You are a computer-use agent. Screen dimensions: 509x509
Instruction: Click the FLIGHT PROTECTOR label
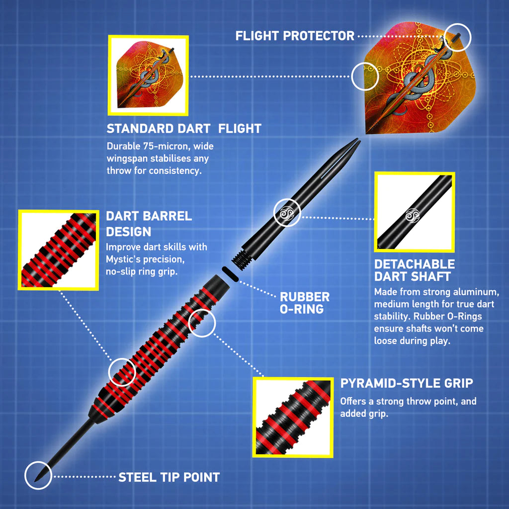pyautogui.click(x=295, y=36)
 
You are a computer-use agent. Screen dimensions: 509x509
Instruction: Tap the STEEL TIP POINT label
pyautogui.click(x=169, y=477)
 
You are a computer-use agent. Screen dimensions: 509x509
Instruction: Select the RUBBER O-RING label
pyautogui.click(x=304, y=303)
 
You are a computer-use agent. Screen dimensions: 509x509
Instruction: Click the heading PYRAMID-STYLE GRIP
pyautogui.click(x=407, y=383)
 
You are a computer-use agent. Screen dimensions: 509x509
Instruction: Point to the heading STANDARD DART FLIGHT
pyautogui.click(x=184, y=129)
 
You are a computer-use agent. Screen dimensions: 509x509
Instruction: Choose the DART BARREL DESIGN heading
pyautogui.click(x=149, y=224)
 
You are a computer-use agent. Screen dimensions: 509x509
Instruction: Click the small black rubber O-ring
pyautogui.click(x=229, y=272)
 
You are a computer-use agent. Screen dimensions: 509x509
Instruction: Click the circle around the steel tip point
pyautogui.click(x=38, y=475)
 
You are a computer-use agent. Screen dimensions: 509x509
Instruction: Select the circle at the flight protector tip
pyautogui.click(x=457, y=36)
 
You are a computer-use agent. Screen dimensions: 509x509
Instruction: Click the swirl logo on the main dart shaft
pyautogui.click(x=287, y=213)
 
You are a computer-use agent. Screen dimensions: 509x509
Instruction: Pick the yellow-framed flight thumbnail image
pyautogui.click(x=148, y=75)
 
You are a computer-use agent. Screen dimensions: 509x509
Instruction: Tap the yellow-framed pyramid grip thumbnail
pyautogui.click(x=292, y=417)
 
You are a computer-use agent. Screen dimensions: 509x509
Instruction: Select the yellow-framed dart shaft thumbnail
pyautogui.click(x=414, y=212)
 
